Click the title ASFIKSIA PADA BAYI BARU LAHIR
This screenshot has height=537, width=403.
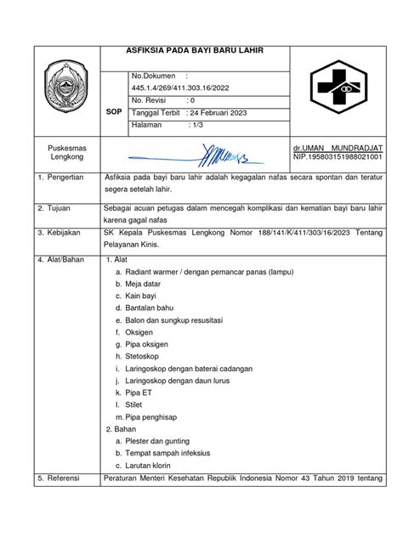tap(195, 51)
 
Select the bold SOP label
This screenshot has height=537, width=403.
tap(111, 110)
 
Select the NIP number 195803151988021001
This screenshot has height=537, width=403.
tap(338, 158)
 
